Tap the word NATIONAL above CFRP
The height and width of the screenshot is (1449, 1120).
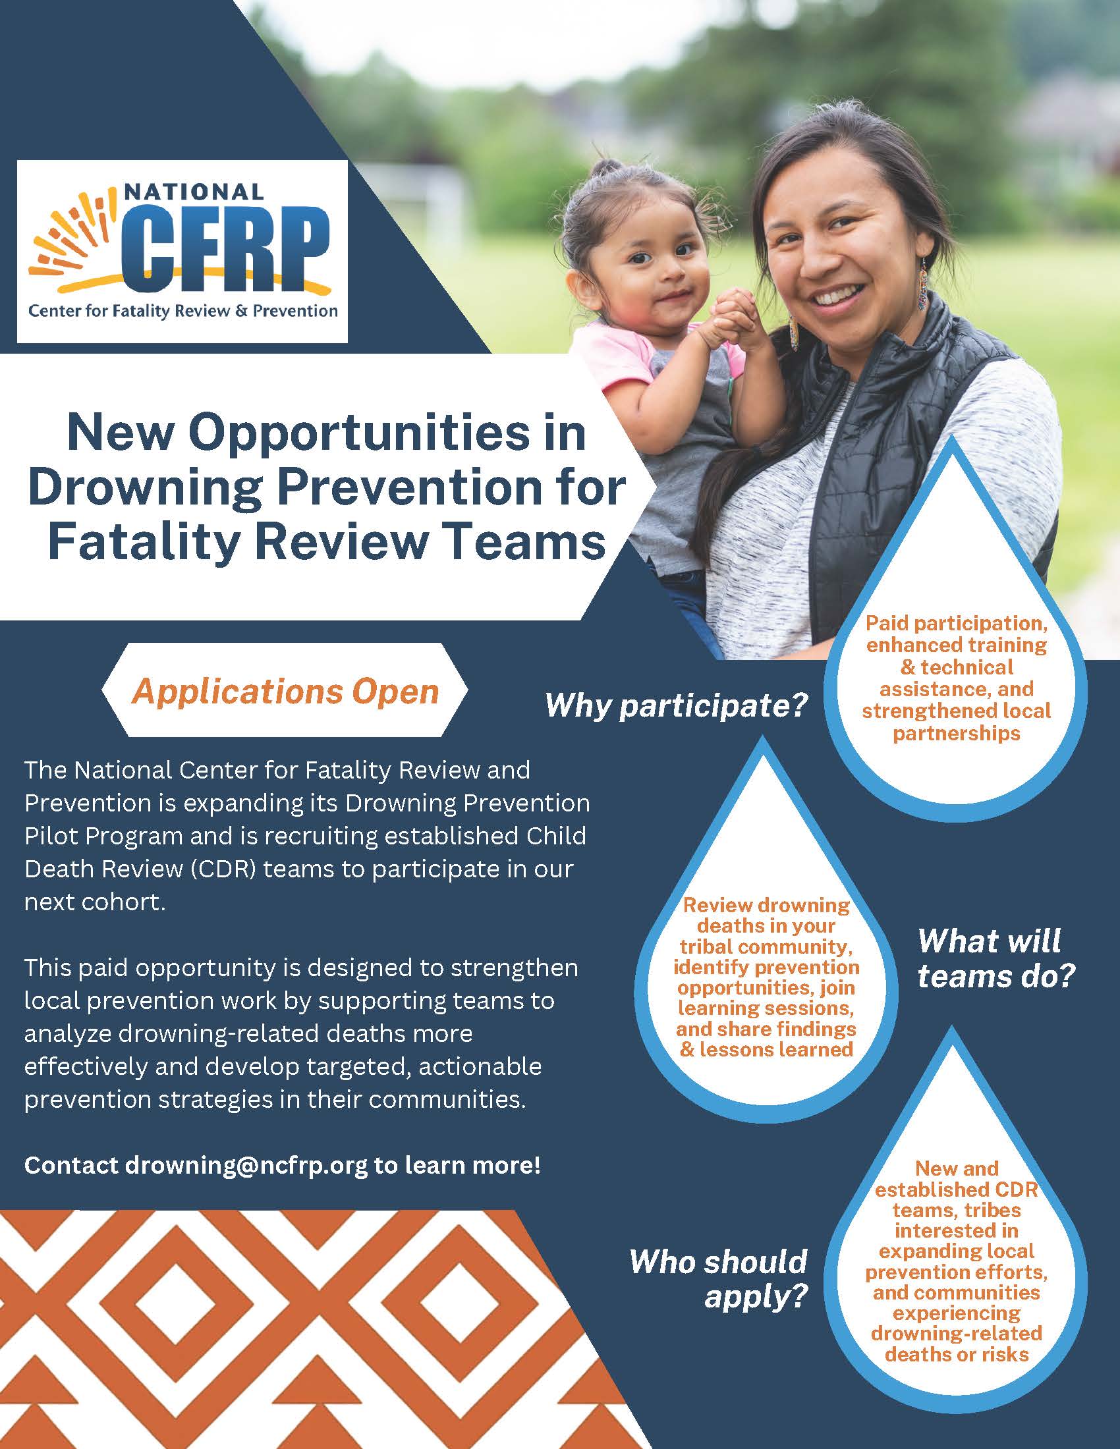[x=194, y=192]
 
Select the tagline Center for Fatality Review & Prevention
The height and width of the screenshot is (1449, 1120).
[x=182, y=310]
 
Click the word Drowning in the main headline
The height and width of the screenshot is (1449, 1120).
[x=142, y=487]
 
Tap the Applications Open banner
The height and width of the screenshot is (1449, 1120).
[x=285, y=691]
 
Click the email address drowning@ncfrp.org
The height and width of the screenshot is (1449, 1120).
[x=246, y=1165]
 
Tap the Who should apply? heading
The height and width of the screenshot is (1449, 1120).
[x=719, y=1278]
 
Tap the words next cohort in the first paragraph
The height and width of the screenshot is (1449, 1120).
[x=94, y=902]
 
